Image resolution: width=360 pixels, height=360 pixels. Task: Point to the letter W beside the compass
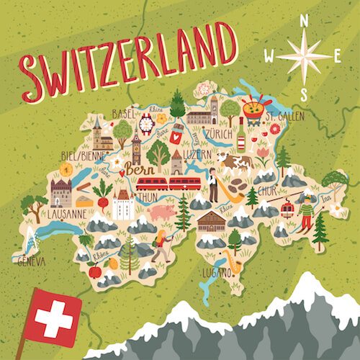point(269,56)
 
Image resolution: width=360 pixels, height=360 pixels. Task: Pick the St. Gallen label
point(282,116)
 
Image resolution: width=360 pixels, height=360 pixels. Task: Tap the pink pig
point(163,213)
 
